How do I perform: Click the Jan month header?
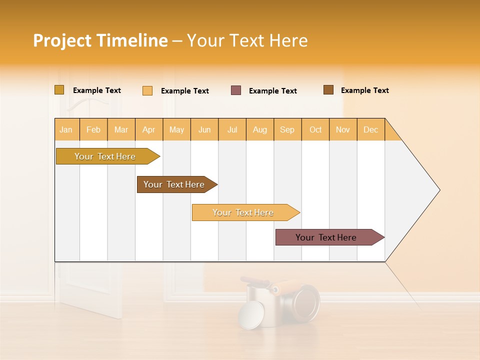click(x=66, y=129)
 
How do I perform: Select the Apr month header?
click(x=149, y=129)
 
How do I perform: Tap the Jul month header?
click(x=232, y=129)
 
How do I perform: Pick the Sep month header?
click(x=287, y=129)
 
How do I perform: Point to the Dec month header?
click(x=370, y=129)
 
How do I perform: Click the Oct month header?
click(x=315, y=129)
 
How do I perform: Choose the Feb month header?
click(x=93, y=129)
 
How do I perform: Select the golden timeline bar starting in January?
click(x=105, y=156)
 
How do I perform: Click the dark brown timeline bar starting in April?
click(x=174, y=184)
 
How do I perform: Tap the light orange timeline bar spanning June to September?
click(x=243, y=212)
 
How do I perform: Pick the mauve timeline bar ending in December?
click(x=326, y=237)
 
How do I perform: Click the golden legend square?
click(x=59, y=90)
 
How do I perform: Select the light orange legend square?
click(x=147, y=90)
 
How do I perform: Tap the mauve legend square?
click(x=236, y=90)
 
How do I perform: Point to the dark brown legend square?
click(x=328, y=90)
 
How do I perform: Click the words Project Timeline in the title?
click(x=100, y=40)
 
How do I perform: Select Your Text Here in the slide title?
click(x=247, y=40)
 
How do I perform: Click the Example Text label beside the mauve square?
click(x=272, y=91)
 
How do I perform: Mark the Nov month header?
click(x=343, y=129)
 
